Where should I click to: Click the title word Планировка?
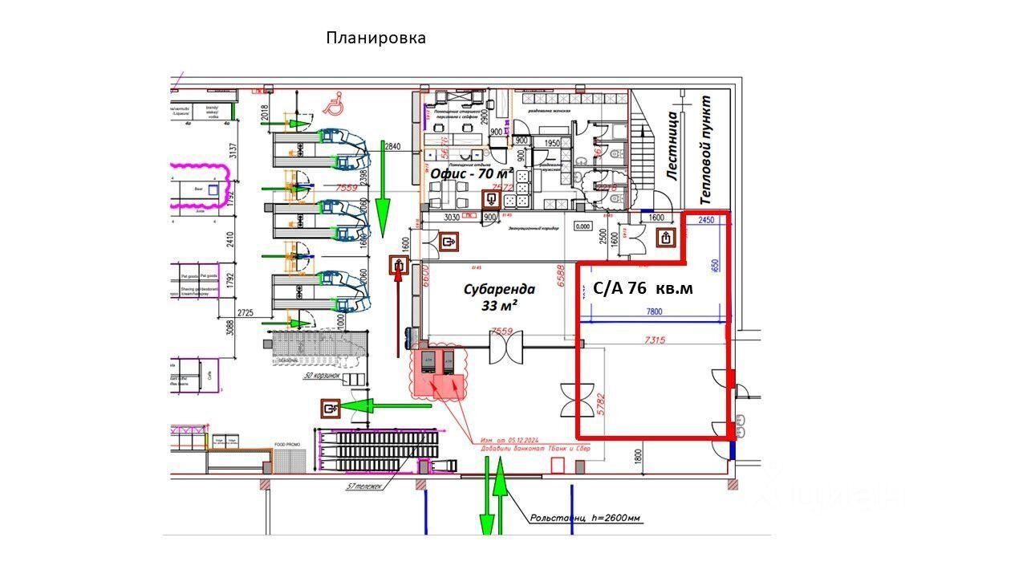coord(375,38)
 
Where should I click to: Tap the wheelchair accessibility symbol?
coord(331,102)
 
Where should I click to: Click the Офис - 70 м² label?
coord(471,173)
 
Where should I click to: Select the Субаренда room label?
coord(498,289)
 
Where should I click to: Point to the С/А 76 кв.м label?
coord(642,288)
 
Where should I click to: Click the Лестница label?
coord(674,148)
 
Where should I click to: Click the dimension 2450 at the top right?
coord(706,219)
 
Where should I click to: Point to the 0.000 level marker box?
coord(583,227)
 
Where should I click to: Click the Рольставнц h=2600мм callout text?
coord(586,518)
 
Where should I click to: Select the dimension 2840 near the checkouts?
coord(392,147)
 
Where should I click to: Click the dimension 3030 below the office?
coord(453,218)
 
